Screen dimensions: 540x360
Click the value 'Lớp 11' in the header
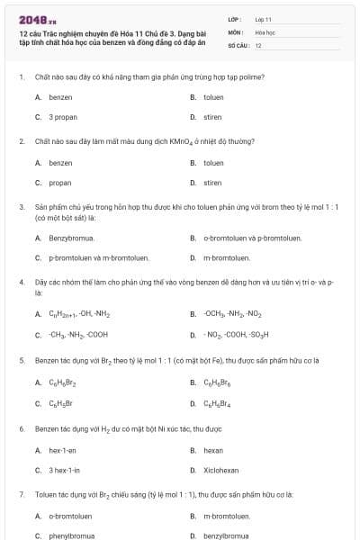263,18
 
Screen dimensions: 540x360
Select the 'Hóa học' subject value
265,31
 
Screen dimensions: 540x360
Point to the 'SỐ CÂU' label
238,44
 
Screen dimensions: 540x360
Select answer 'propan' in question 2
60,183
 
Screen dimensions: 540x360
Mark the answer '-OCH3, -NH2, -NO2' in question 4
233,314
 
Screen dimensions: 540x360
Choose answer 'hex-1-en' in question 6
63,450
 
